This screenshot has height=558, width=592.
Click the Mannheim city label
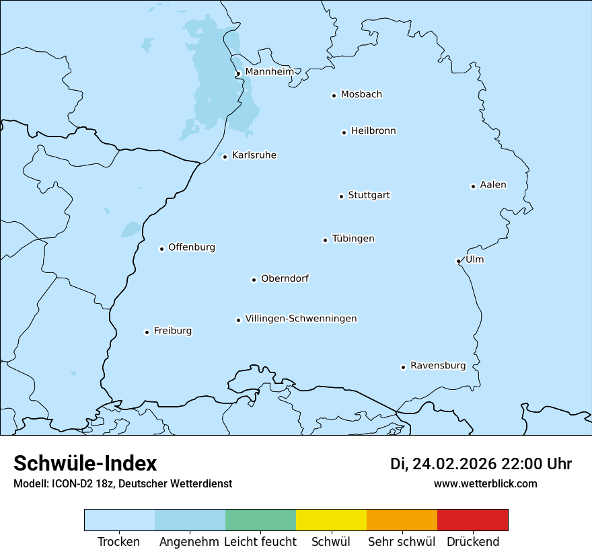pos(269,71)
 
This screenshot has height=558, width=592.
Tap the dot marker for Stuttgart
pos(341,196)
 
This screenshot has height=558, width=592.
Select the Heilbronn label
pos(373,131)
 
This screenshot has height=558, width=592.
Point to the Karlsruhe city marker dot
pos(225,157)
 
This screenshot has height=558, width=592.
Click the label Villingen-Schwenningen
pos(301,319)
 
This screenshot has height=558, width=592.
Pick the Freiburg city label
pos(172,331)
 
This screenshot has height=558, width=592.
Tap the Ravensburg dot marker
pos(404,367)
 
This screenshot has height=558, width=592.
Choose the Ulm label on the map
pos(474,260)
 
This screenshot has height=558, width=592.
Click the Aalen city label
pos(493,185)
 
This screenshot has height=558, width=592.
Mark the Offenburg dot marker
pos(161,249)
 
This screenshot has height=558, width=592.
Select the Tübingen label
pos(353,239)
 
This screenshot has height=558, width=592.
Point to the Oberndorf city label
pos(285,278)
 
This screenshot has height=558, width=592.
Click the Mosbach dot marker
pos(334,95)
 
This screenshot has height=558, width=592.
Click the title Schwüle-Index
pos(85,463)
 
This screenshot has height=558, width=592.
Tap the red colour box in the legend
pos(472,520)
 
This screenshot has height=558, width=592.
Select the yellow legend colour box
pos(331,520)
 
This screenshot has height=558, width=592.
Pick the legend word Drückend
pos(473,542)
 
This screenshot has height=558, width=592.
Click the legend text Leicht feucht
pos(260,542)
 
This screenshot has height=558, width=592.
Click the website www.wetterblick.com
pos(485,483)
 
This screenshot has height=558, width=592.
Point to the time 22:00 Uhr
pos(535,464)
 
